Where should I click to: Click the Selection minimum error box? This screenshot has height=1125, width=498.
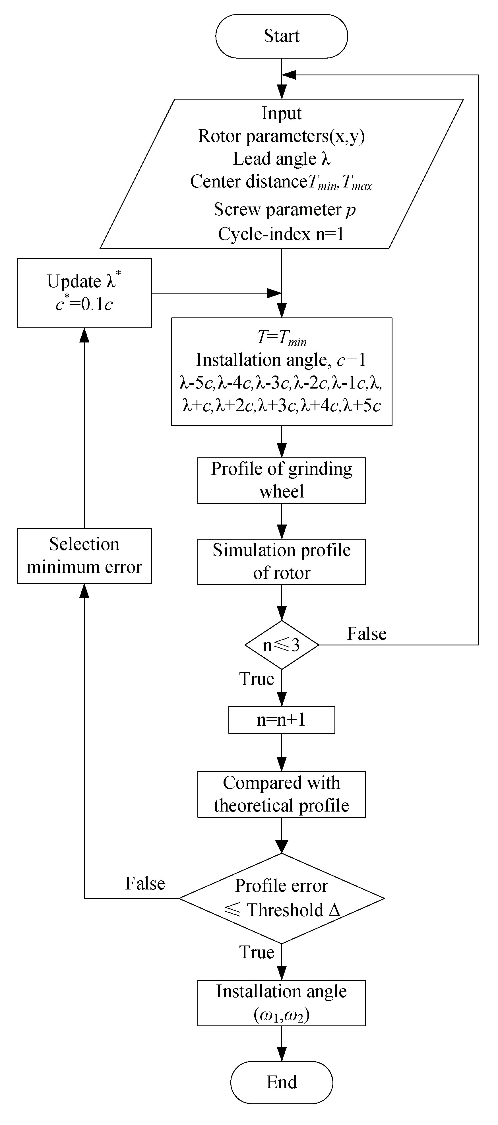point(84,556)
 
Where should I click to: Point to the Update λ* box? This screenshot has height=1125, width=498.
point(84,293)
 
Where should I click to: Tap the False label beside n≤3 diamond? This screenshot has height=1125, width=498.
point(367,634)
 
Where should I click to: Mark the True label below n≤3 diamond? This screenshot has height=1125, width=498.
point(257,679)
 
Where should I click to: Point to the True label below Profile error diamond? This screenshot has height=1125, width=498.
point(257,952)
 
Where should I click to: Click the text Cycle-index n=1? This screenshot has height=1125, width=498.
point(281,234)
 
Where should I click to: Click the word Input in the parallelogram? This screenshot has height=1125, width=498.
point(281,113)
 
